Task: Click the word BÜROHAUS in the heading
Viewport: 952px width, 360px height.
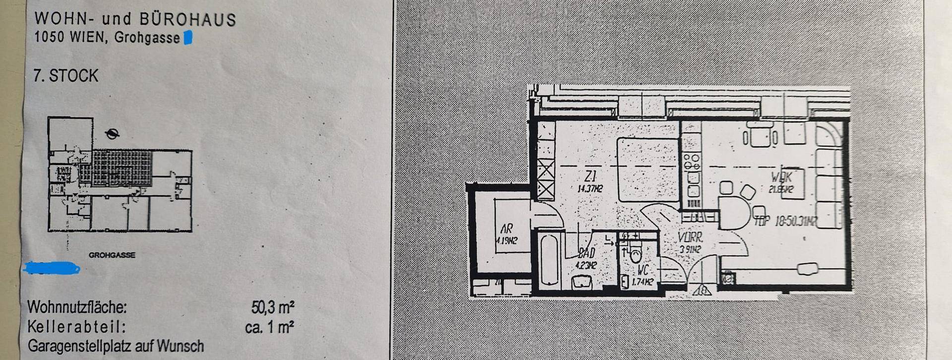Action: click(187, 19)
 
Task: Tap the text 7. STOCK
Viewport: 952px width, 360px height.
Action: click(66, 76)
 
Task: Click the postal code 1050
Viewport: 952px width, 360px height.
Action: click(50, 37)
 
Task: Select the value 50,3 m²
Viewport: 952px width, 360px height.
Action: click(273, 307)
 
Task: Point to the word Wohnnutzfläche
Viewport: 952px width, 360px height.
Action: click(77, 307)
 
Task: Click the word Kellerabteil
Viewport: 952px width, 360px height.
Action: click(76, 327)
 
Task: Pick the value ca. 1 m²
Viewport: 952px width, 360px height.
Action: click(269, 327)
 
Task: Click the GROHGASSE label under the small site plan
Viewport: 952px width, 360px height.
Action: click(112, 255)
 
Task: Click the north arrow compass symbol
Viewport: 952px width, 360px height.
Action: click(113, 133)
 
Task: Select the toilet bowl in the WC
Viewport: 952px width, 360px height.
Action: click(635, 254)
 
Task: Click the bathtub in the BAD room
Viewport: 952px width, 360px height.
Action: click(548, 260)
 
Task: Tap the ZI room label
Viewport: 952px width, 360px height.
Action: click(590, 176)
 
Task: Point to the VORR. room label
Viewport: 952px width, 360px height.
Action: click(690, 238)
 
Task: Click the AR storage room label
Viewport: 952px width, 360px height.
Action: click(506, 229)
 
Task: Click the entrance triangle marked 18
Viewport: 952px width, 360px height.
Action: click(702, 290)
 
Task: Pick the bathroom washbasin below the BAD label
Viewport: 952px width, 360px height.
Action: click(582, 283)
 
